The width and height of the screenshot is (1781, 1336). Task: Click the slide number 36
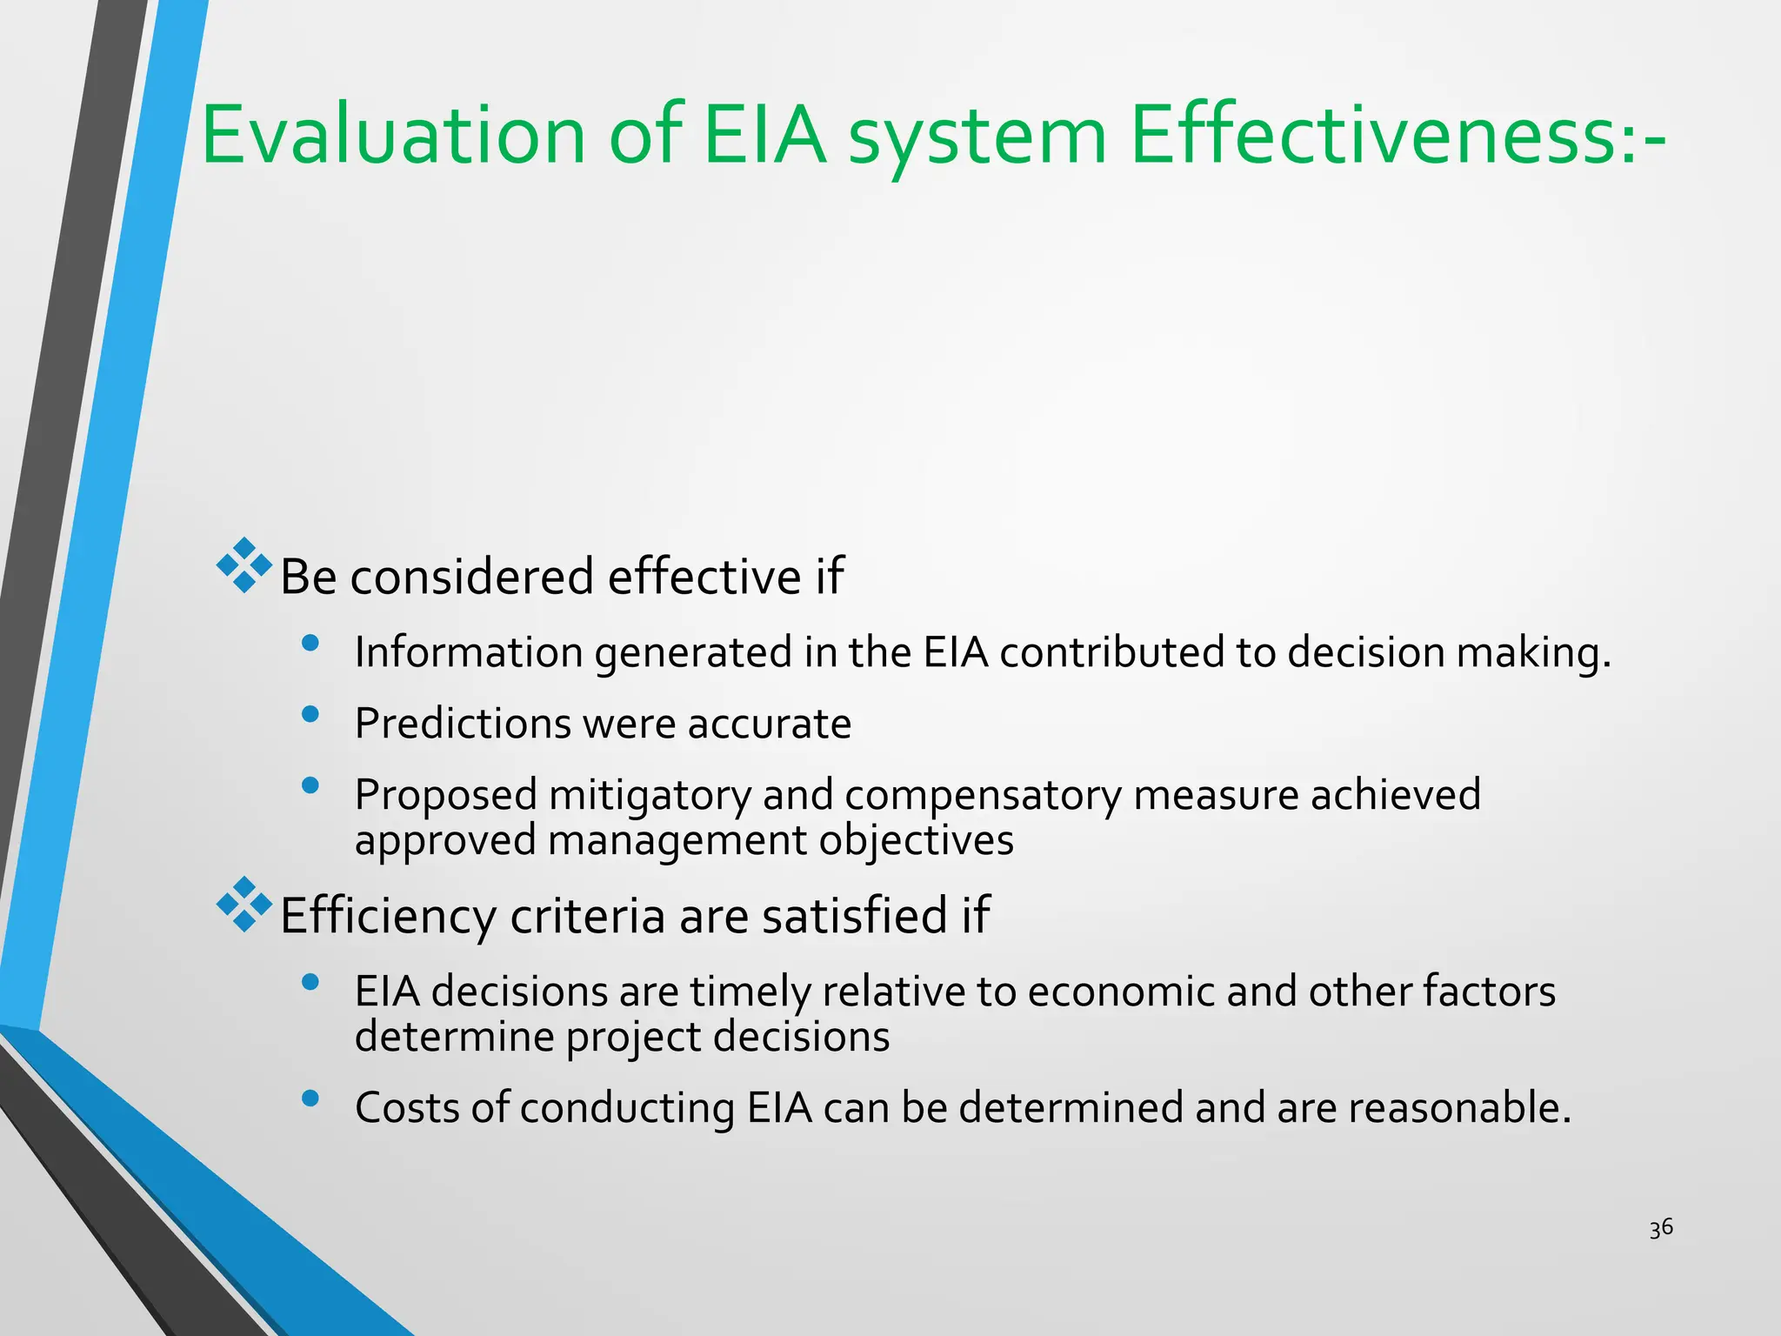click(1661, 1228)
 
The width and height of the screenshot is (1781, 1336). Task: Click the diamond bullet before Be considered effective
click(244, 565)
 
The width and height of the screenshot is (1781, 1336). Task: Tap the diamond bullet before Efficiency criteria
click(244, 905)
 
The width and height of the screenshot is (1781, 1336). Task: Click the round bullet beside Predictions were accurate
click(310, 715)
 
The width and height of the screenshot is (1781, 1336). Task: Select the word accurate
click(769, 725)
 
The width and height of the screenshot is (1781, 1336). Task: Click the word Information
click(469, 652)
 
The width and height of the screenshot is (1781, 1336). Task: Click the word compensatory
click(983, 796)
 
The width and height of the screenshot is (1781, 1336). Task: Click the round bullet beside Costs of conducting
click(310, 1099)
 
